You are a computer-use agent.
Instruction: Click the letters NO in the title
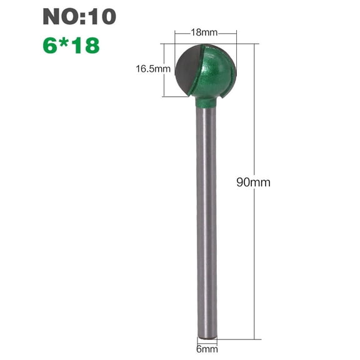tap(58, 17)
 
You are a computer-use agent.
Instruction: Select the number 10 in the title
tap(101, 17)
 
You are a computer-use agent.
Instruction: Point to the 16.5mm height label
tap(152, 69)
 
